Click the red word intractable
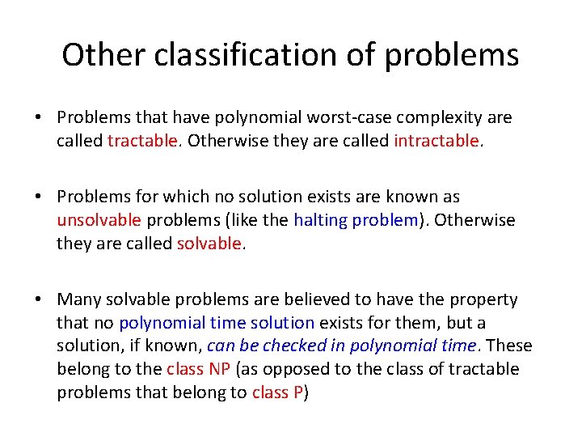click(436, 141)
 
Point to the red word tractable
click(142, 141)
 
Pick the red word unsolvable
click(99, 220)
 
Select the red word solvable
click(209, 243)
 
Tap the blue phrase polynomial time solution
click(217, 323)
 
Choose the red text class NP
click(198, 369)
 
